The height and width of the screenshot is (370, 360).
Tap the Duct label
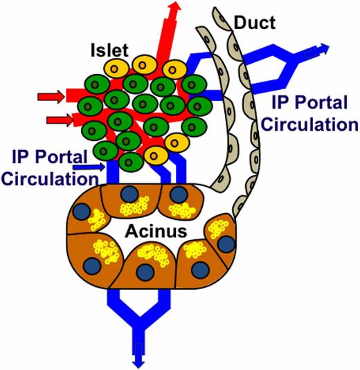(x=255, y=23)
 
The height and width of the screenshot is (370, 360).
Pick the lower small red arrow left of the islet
(x=57, y=121)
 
